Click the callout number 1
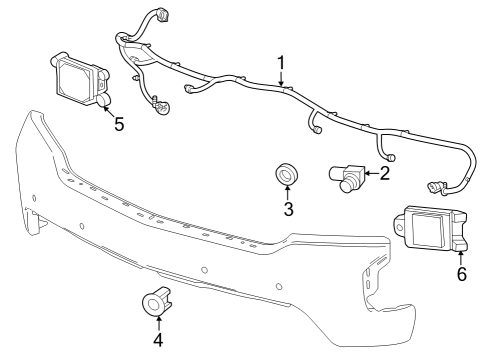281,63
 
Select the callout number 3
288,209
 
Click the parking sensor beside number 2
349,177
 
